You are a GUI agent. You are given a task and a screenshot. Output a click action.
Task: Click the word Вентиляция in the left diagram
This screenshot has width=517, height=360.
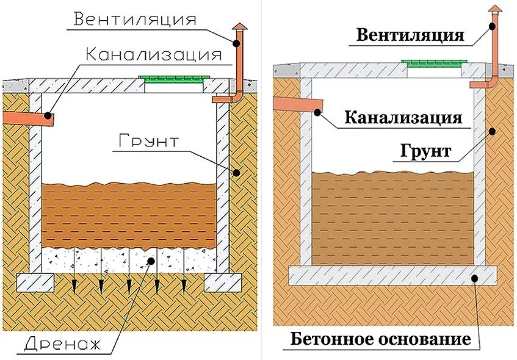pyautogui.click(x=135, y=18)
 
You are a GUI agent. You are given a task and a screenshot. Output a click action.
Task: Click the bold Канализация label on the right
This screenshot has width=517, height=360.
pyautogui.click(x=403, y=116)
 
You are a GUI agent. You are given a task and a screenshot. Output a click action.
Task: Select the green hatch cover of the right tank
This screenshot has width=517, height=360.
pyautogui.click(x=434, y=62)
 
